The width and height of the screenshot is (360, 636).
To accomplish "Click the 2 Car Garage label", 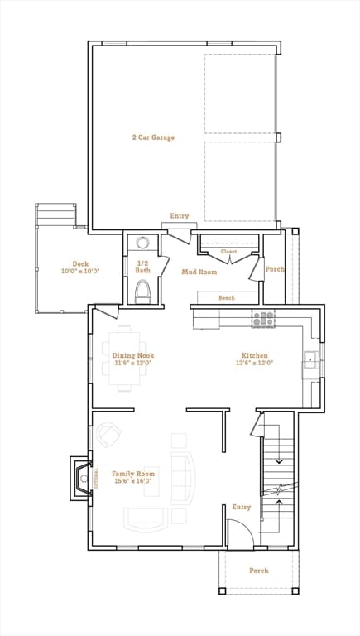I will [x=152, y=137].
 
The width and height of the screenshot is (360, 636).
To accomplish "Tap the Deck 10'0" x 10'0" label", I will [x=80, y=267].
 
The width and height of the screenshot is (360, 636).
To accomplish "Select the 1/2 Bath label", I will [x=143, y=267].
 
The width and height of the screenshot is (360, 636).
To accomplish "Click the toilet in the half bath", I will [x=142, y=291].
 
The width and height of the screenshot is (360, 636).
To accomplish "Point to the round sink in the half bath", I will [x=142, y=243].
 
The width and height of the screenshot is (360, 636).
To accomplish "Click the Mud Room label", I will [x=199, y=272].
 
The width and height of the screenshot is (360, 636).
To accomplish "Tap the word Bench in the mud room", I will [x=226, y=298].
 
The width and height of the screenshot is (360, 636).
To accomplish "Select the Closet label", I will [x=228, y=251].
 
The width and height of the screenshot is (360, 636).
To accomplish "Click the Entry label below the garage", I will [x=180, y=216].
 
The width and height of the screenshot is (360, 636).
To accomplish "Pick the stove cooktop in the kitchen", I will [x=263, y=317].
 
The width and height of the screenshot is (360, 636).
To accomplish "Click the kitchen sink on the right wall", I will [x=311, y=359].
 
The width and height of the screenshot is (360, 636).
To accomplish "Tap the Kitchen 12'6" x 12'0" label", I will [x=254, y=359].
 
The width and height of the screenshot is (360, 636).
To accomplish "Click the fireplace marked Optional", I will [x=81, y=479].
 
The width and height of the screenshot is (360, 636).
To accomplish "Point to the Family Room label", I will [x=133, y=477].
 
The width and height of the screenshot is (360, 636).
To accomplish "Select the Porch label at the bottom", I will [x=259, y=571].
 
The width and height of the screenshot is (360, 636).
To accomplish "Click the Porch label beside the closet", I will [x=274, y=269].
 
